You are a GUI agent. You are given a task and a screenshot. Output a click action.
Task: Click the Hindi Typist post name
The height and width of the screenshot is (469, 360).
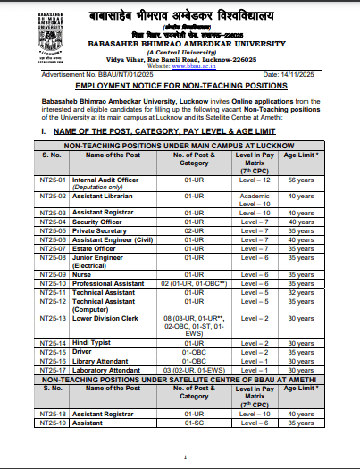[x=93, y=343]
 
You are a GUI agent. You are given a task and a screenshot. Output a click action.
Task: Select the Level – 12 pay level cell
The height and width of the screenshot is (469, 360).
[x=254, y=180]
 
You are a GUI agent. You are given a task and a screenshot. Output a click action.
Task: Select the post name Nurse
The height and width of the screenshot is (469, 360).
[x=83, y=273]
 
